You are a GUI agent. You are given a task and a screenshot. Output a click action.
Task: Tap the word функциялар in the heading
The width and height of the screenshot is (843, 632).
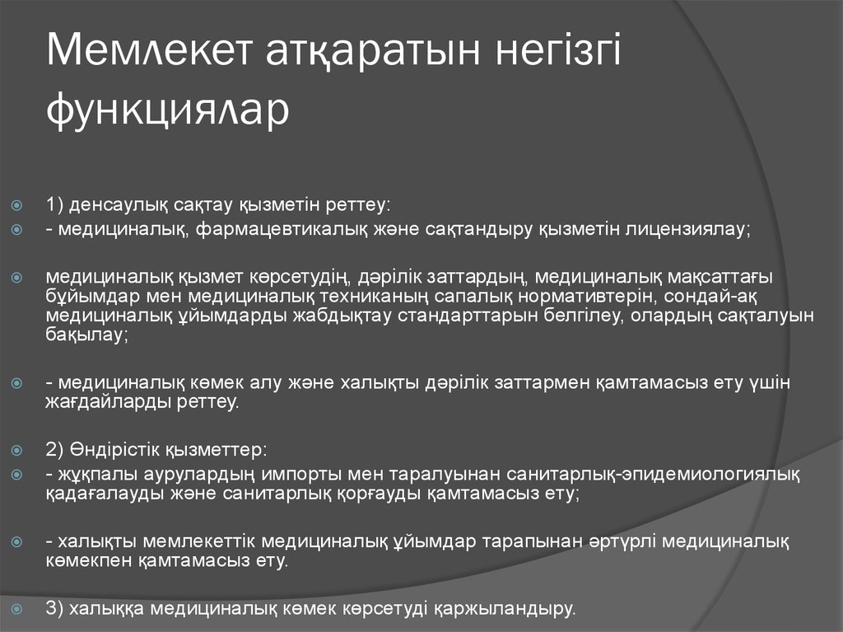click(168, 110)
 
